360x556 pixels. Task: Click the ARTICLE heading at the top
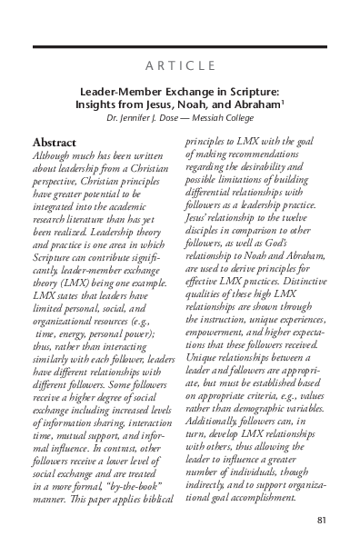click(180, 65)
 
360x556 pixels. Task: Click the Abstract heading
click(55, 143)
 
